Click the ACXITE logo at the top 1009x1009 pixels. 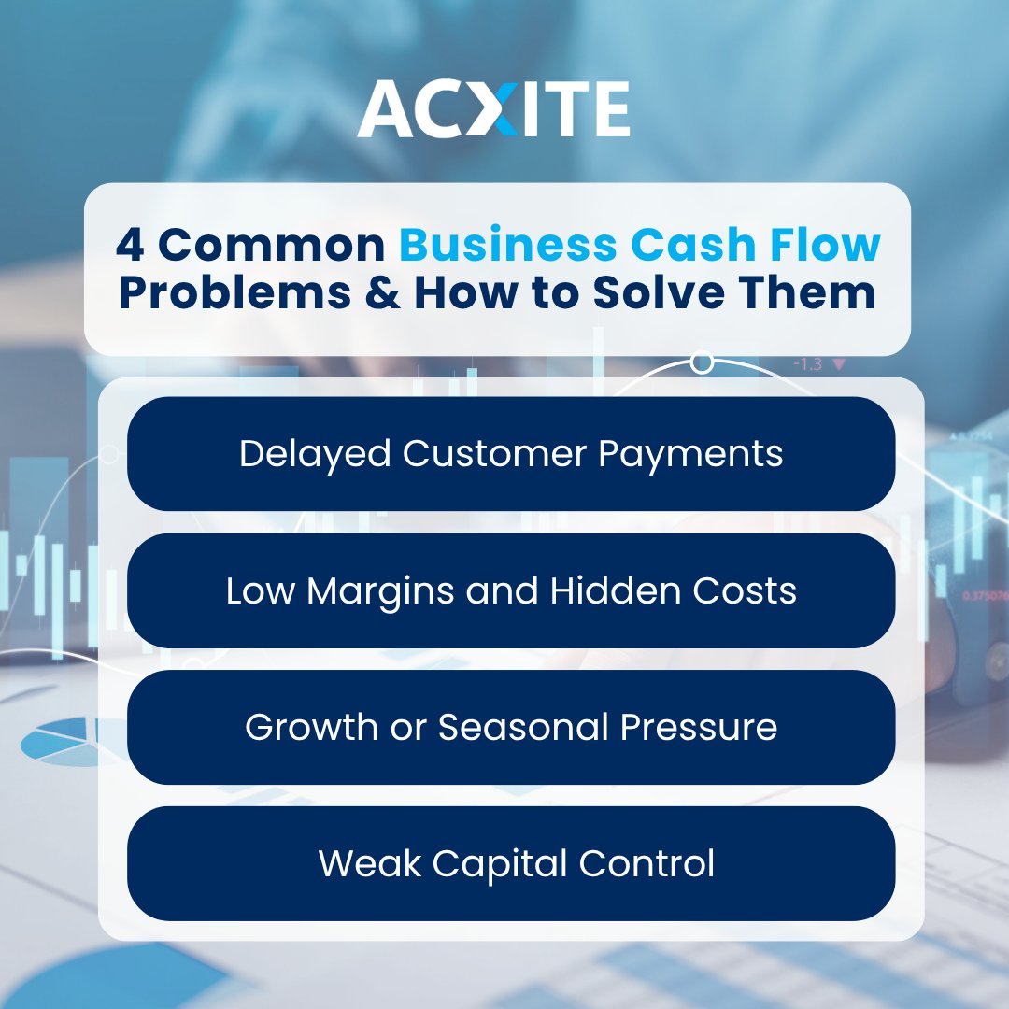(x=493, y=110)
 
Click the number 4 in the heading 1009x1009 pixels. (x=130, y=245)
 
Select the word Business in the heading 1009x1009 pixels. (x=505, y=245)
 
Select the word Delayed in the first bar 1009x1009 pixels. (x=315, y=454)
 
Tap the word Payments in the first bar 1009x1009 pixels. (x=690, y=455)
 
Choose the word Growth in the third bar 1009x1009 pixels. (x=305, y=728)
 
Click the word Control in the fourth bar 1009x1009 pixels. (x=647, y=864)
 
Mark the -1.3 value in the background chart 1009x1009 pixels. (x=807, y=364)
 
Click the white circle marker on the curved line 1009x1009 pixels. (x=703, y=361)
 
